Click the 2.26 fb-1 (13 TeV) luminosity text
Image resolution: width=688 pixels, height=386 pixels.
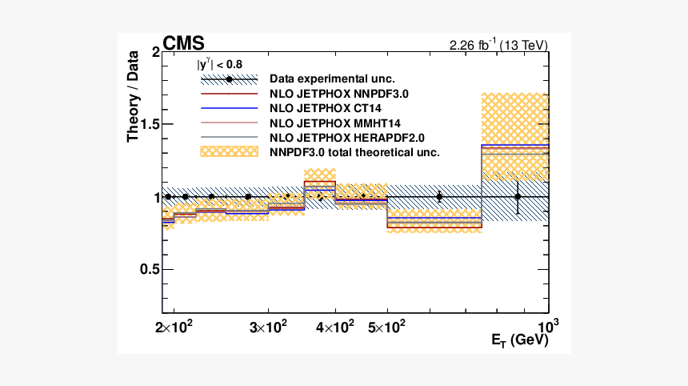(499, 45)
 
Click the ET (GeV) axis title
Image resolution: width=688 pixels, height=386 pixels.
(519, 340)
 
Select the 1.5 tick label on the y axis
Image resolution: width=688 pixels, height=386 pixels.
(149, 125)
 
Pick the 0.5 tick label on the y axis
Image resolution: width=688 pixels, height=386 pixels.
(149, 269)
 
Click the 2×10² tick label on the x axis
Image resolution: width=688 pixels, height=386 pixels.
(170, 327)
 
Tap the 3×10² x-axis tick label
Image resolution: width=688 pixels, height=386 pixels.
(268, 327)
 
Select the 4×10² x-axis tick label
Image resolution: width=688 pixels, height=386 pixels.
(335, 327)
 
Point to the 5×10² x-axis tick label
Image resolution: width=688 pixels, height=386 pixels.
(387, 327)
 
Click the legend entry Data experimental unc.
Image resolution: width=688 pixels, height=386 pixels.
(331, 79)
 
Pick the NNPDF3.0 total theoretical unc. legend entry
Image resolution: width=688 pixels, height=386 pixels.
(356, 151)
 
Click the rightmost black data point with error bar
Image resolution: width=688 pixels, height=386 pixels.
(518, 196)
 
